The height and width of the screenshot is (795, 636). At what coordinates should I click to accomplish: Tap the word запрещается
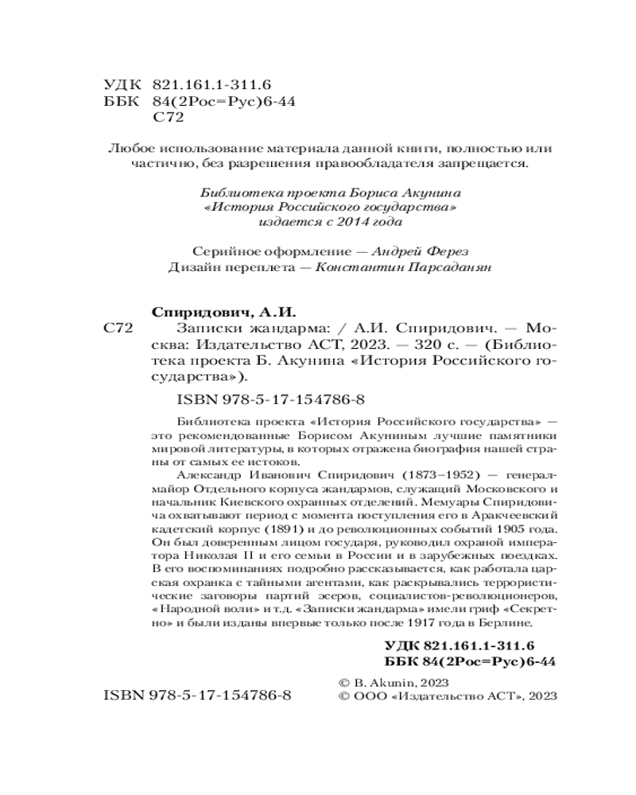click(x=483, y=165)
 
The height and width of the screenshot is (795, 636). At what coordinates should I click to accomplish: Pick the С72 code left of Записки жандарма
click(x=119, y=328)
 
